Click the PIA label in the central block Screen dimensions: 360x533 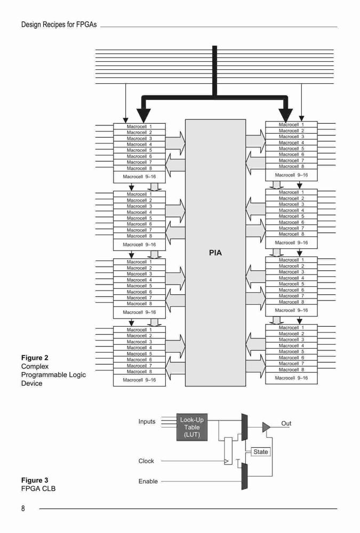pos(215,253)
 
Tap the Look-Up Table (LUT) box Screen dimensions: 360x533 pos(192,427)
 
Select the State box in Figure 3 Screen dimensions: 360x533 pos(261,452)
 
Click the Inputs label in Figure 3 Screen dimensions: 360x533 pos(147,422)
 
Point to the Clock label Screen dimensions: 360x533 pos(146,461)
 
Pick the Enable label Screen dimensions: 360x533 pos(148,481)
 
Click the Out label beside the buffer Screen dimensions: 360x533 pos(286,423)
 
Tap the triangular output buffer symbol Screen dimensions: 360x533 pos(266,427)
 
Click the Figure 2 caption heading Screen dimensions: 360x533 pos(35,358)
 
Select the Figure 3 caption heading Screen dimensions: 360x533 pos(35,480)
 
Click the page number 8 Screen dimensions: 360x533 pos(23,508)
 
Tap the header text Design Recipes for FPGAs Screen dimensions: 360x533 pos(59,25)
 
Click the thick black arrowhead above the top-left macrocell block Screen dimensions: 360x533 pos(143,115)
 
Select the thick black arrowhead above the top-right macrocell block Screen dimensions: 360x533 pos(285,115)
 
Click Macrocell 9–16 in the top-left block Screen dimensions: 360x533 pos(139,177)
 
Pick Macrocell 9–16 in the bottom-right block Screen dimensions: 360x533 pos(291,378)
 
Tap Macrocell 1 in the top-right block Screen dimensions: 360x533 pos(291,125)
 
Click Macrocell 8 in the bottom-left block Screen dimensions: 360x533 pos(139,372)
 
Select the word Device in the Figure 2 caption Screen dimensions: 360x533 pos(31,383)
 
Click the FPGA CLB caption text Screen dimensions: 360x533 pos(38,488)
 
